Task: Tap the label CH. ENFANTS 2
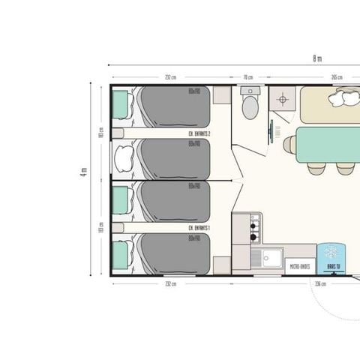click(x=198, y=133)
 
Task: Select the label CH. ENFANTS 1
click(x=198, y=227)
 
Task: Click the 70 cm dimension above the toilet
click(x=247, y=76)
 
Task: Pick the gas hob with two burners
click(x=255, y=222)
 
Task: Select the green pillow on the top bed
click(x=120, y=104)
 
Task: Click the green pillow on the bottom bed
click(x=120, y=249)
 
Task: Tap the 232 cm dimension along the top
click(x=170, y=76)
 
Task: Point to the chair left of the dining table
click(x=289, y=143)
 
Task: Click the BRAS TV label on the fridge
click(x=331, y=265)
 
